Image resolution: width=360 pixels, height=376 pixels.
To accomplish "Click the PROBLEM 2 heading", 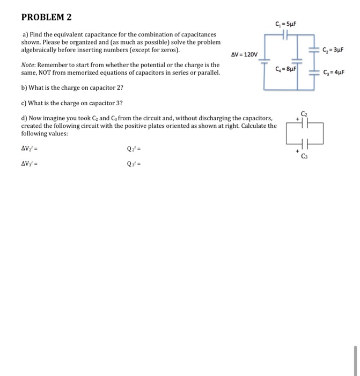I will [x=46, y=17].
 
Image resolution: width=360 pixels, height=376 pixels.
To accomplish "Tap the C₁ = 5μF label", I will [x=285, y=24].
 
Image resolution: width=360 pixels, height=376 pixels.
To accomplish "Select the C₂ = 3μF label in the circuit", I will [x=333, y=50].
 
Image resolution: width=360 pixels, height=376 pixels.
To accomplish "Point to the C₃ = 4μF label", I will [x=333, y=73].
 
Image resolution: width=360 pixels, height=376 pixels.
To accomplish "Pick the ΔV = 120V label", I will [x=245, y=55].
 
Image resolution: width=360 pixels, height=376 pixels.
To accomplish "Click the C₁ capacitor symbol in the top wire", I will [x=286, y=34].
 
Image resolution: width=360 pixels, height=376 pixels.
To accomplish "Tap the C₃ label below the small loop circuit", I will [x=305, y=157].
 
